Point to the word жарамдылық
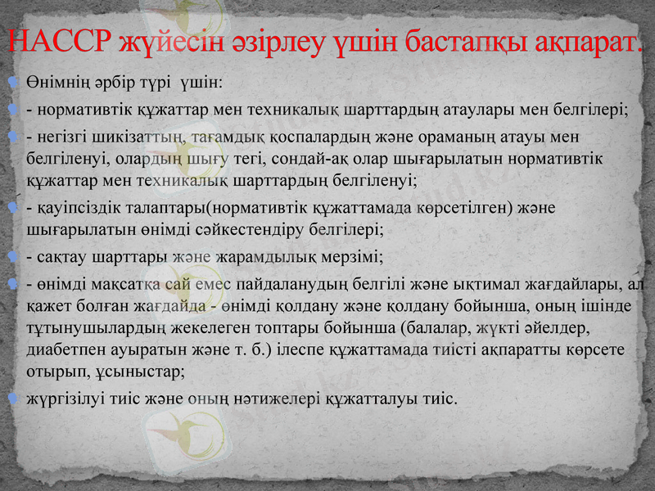(x=267, y=258)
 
